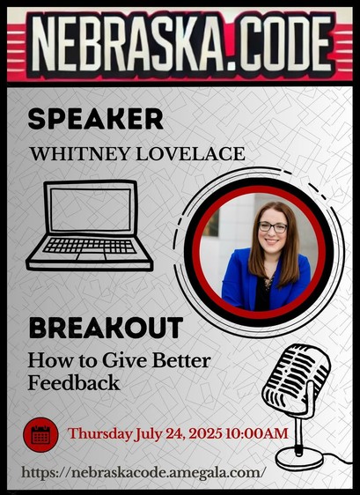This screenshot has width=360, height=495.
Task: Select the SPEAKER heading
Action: pos(96,119)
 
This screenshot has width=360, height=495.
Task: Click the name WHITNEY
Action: pos(80,154)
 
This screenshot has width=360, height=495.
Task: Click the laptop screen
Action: pos(91,210)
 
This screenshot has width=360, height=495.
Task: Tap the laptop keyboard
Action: pos(90,247)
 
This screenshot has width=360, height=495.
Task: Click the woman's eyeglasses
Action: pos(273,227)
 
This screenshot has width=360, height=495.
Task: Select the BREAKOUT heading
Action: pos(106,328)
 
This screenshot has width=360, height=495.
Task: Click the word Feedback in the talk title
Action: pos(74,383)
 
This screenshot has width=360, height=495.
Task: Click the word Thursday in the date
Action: pos(99,434)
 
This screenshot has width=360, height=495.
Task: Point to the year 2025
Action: pos(205,433)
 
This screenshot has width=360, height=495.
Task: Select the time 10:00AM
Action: pos(257,433)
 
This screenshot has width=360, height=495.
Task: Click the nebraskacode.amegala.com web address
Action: pos(142,473)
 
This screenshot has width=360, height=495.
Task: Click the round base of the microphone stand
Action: pos(298,458)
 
